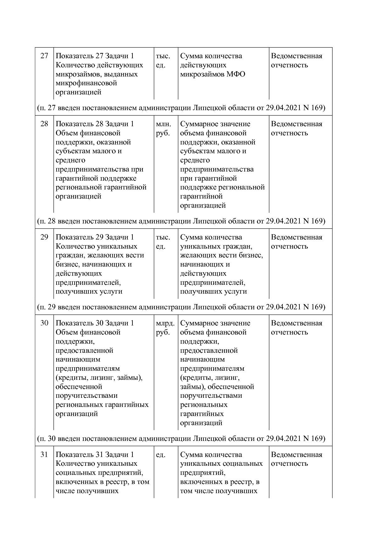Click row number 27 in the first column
[44, 56]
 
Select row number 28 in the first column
[44, 124]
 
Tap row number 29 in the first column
[44, 237]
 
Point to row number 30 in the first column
[44, 323]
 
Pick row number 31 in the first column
[44, 455]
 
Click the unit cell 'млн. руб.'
[163, 128]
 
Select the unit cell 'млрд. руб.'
[165, 328]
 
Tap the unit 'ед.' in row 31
[160, 455]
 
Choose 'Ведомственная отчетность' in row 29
[296, 242]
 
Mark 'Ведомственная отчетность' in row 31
[296, 459]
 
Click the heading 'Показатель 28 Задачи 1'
[95, 124]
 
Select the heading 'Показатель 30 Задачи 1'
[95, 323]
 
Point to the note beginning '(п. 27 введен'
[181, 108]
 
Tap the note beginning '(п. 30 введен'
[181, 438]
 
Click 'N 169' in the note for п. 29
[313, 307]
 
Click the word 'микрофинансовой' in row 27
[86, 83]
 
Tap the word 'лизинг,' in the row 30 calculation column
[229, 378]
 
